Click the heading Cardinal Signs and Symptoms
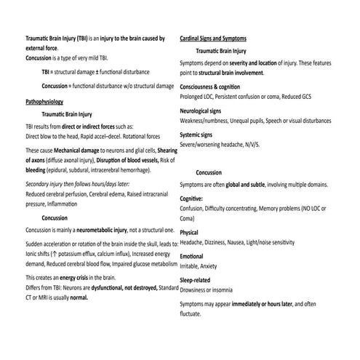pos(213,38)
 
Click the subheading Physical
pos(189,233)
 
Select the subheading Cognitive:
pos(191,198)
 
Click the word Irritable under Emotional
pos(191,266)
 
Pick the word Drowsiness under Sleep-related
pos(197,289)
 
